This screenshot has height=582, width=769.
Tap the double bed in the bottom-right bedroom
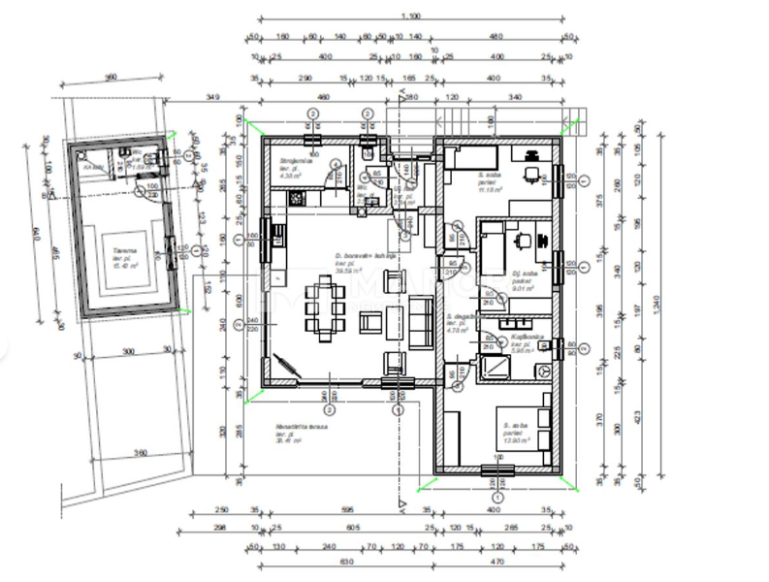(529, 425)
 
